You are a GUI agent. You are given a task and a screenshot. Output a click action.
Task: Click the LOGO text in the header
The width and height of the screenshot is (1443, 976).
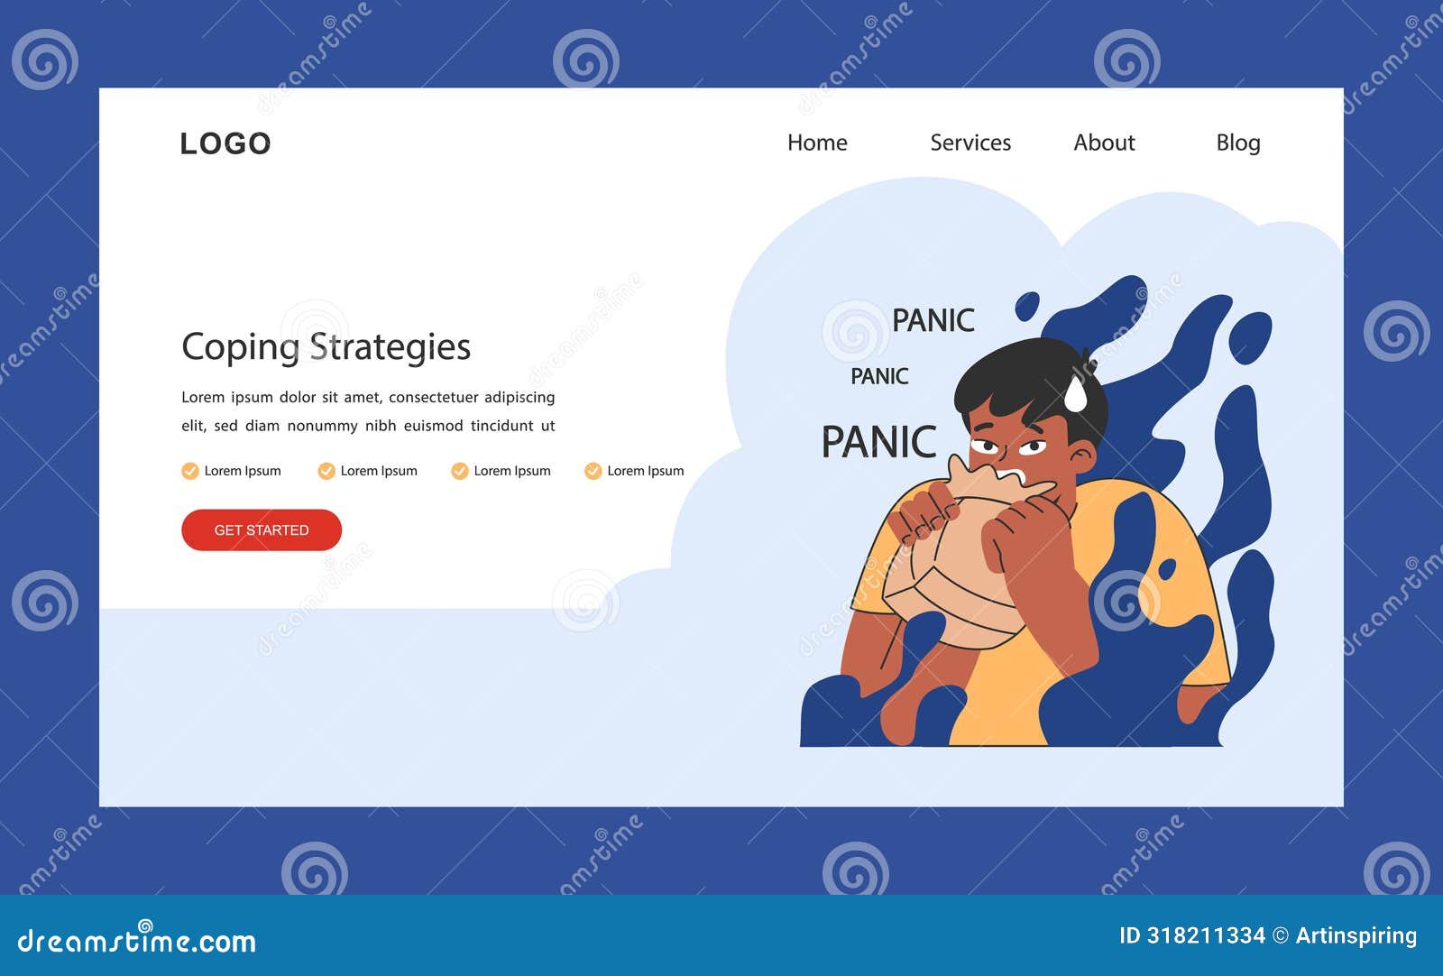coord(225,143)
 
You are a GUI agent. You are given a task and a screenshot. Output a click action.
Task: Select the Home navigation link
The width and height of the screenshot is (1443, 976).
coord(817,143)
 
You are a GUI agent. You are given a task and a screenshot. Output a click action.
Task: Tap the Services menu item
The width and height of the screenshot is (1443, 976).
coord(970,143)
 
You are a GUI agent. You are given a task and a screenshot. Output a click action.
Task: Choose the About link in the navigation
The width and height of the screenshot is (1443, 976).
coord(1104,143)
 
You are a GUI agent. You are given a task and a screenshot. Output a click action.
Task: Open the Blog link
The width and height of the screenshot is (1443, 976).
coord(1237,143)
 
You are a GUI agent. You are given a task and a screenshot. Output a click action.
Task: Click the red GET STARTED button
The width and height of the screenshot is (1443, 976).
coord(262,529)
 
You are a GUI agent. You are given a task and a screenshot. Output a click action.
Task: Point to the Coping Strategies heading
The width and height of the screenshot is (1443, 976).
coord(326,347)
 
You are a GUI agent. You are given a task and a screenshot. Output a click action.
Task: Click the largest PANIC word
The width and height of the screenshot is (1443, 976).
coord(878,442)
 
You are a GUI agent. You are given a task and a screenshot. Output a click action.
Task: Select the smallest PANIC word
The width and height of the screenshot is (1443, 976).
coord(879,376)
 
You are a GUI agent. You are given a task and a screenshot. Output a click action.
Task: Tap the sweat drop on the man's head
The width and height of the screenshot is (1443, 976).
coord(1076,393)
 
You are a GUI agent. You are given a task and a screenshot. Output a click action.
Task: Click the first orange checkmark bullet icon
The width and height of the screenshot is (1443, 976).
coord(189,471)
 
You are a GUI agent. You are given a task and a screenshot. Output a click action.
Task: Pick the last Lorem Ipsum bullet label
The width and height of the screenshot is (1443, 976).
coord(645,471)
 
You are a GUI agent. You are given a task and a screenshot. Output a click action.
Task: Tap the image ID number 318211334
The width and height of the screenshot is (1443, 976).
coord(1205,935)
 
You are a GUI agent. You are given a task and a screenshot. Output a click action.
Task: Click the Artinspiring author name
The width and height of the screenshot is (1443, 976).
coord(1356,935)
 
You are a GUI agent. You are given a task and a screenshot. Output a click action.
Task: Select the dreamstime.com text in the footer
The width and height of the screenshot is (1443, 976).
coord(137,941)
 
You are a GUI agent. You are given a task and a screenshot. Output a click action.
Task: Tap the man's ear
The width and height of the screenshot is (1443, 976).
coord(1083,456)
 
